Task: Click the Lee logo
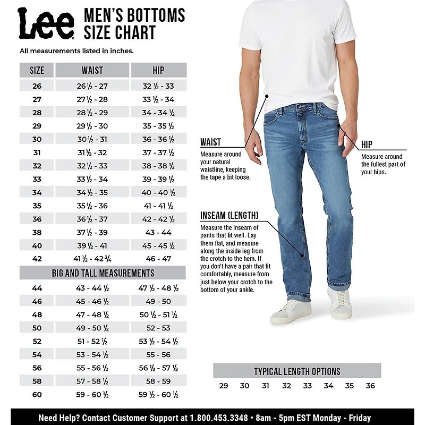(46, 24)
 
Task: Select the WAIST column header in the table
(92, 70)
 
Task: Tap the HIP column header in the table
(158, 70)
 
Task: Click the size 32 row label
(37, 166)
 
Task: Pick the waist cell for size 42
(92, 259)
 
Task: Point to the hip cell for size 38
(158, 232)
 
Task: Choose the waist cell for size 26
(92, 86)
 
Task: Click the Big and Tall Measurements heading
(103, 273)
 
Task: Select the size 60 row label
(37, 395)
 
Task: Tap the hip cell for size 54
(158, 355)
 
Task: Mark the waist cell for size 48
(92, 314)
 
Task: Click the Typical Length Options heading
(296, 371)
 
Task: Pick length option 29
(224, 386)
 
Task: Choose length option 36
(370, 386)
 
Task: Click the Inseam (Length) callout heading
(229, 216)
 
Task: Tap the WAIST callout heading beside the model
(210, 142)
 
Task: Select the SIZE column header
(37, 70)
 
